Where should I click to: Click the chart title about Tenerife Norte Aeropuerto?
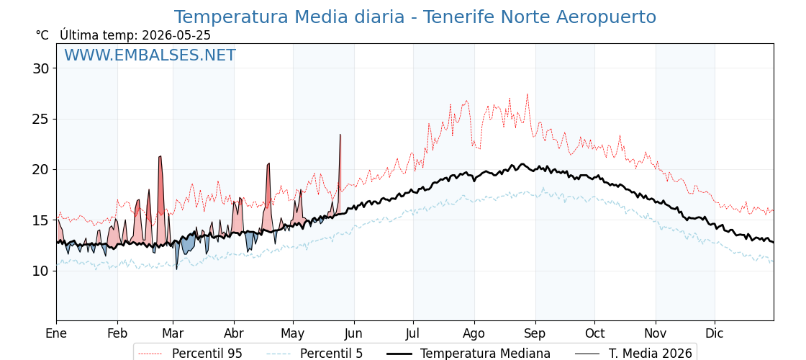(415, 17)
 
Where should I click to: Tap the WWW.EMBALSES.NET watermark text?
(150, 55)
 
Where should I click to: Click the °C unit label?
(42, 35)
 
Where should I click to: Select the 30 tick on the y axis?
(41, 68)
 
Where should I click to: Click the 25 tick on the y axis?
(41, 119)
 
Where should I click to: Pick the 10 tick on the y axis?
(41, 271)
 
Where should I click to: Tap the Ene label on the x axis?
(56, 333)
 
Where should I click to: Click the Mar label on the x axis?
(173, 333)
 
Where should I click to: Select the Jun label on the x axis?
(353, 333)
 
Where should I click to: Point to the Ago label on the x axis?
(474, 333)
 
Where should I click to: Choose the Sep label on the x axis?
(535, 333)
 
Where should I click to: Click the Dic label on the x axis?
(715, 333)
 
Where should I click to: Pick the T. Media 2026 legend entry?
(634, 354)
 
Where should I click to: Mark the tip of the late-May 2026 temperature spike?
(340, 134)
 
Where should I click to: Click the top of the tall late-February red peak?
(160, 156)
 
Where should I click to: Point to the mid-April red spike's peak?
(268, 163)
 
